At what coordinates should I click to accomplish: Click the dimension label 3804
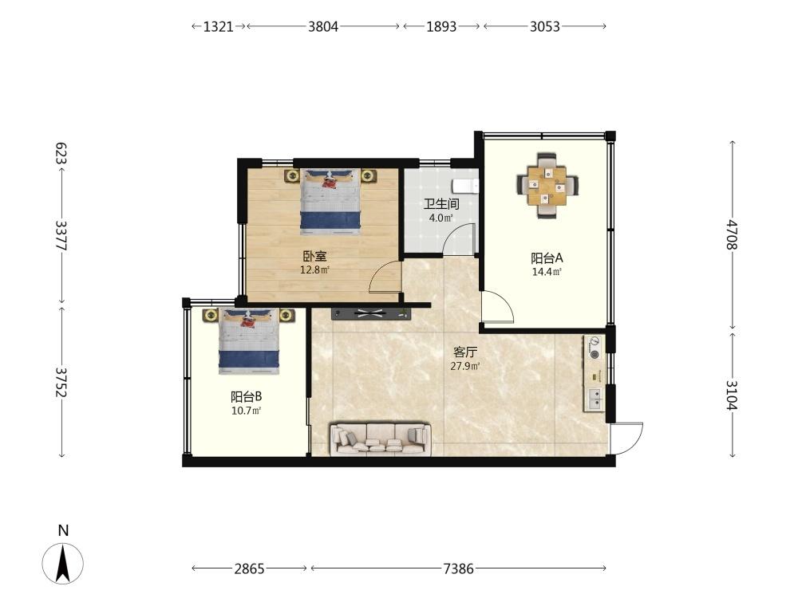[x=323, y=26]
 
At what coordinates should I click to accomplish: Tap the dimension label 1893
[x=441, y=26]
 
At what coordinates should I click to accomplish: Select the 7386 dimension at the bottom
[x=459, y=568]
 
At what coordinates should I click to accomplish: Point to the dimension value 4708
[x=732, y=234]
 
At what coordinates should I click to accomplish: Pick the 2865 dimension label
[x=249, y=568]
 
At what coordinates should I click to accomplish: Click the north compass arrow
[x=62, y=563]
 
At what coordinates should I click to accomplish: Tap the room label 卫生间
[x=441, y=204]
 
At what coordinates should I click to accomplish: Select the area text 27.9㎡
[x=465, y=366]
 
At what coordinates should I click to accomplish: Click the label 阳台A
[x=547, y=258]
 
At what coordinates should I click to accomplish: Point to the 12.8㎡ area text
[x=314, y=270]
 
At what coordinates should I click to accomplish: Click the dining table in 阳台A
[x=547, y=186]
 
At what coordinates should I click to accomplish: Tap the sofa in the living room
[x=381, y=439]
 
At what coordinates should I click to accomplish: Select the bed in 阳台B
[x=249, y=341]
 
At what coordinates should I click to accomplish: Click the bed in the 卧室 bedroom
[x=331, y=202]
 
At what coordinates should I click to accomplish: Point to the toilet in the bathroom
[x=466, y=187]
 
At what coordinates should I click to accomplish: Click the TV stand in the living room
[x=370, y=313]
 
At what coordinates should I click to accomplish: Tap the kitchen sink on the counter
[x=595, y=399]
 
